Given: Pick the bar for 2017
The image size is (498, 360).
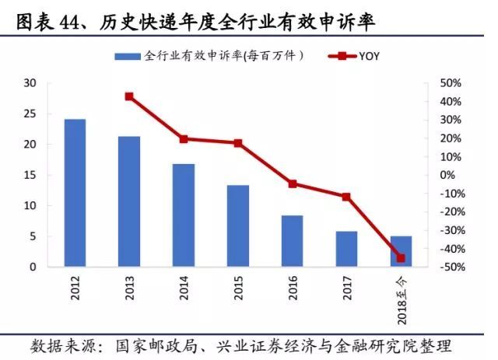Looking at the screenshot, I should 346,249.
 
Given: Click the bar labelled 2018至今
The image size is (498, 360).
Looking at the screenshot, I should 401,251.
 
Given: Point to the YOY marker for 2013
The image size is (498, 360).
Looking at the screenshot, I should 129,96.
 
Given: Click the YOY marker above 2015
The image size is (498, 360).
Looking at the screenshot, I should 237,143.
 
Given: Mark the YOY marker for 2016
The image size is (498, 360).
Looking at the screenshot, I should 292,184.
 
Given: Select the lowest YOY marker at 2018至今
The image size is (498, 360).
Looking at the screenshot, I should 401,257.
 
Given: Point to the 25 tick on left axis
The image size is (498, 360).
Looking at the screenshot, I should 30,114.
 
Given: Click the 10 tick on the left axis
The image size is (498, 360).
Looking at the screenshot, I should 30,206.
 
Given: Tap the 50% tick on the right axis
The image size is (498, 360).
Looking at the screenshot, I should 452,83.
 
